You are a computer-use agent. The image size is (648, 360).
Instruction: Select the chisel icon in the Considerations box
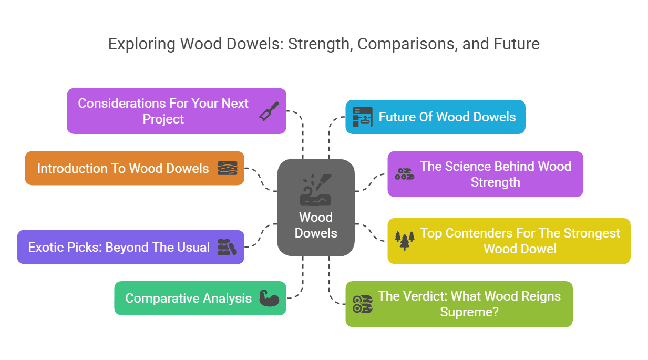point(269,111)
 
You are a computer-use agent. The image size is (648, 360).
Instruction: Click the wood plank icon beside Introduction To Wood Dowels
point(227,168)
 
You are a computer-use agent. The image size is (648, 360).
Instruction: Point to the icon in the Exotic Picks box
point(227,247)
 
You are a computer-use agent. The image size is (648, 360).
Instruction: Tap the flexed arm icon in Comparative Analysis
point(270,298)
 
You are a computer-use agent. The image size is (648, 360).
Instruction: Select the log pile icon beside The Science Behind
point(404,174)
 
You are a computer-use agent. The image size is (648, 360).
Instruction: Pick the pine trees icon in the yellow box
point(405,241)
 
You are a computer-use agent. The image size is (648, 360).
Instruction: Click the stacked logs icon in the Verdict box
point(362,304)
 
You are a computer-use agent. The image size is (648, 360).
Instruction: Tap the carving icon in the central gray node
point(316,190)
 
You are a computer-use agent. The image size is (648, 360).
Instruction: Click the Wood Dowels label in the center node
point(316,225)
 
